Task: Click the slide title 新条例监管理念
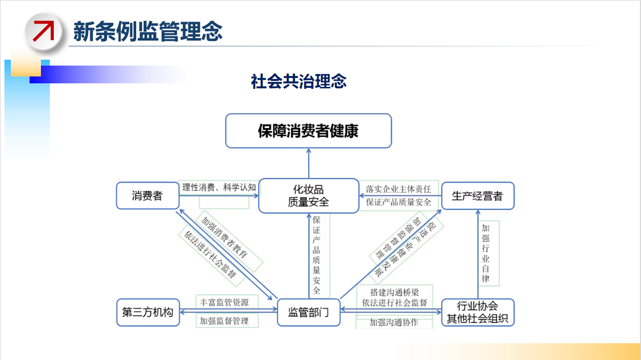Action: coord(148,31)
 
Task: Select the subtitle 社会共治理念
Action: coord(299,81)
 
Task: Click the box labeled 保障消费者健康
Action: coord(308,131)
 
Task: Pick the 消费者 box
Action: coord(147,196)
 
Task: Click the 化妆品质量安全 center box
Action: coord(308,196)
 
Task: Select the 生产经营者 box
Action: coord(477,196)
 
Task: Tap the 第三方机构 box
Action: coord(148,312)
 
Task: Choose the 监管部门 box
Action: coord(308,312)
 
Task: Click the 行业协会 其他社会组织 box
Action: coord(477,312)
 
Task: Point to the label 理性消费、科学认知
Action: coord(219,187)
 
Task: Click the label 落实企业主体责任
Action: coord(398,189)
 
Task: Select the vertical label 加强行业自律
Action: coord(486,253)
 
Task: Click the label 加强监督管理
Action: coord(224,321)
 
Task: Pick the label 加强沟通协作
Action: coord(394,323)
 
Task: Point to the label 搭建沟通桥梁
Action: coord(394,292)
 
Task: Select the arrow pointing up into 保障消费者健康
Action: coord(308,163)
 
